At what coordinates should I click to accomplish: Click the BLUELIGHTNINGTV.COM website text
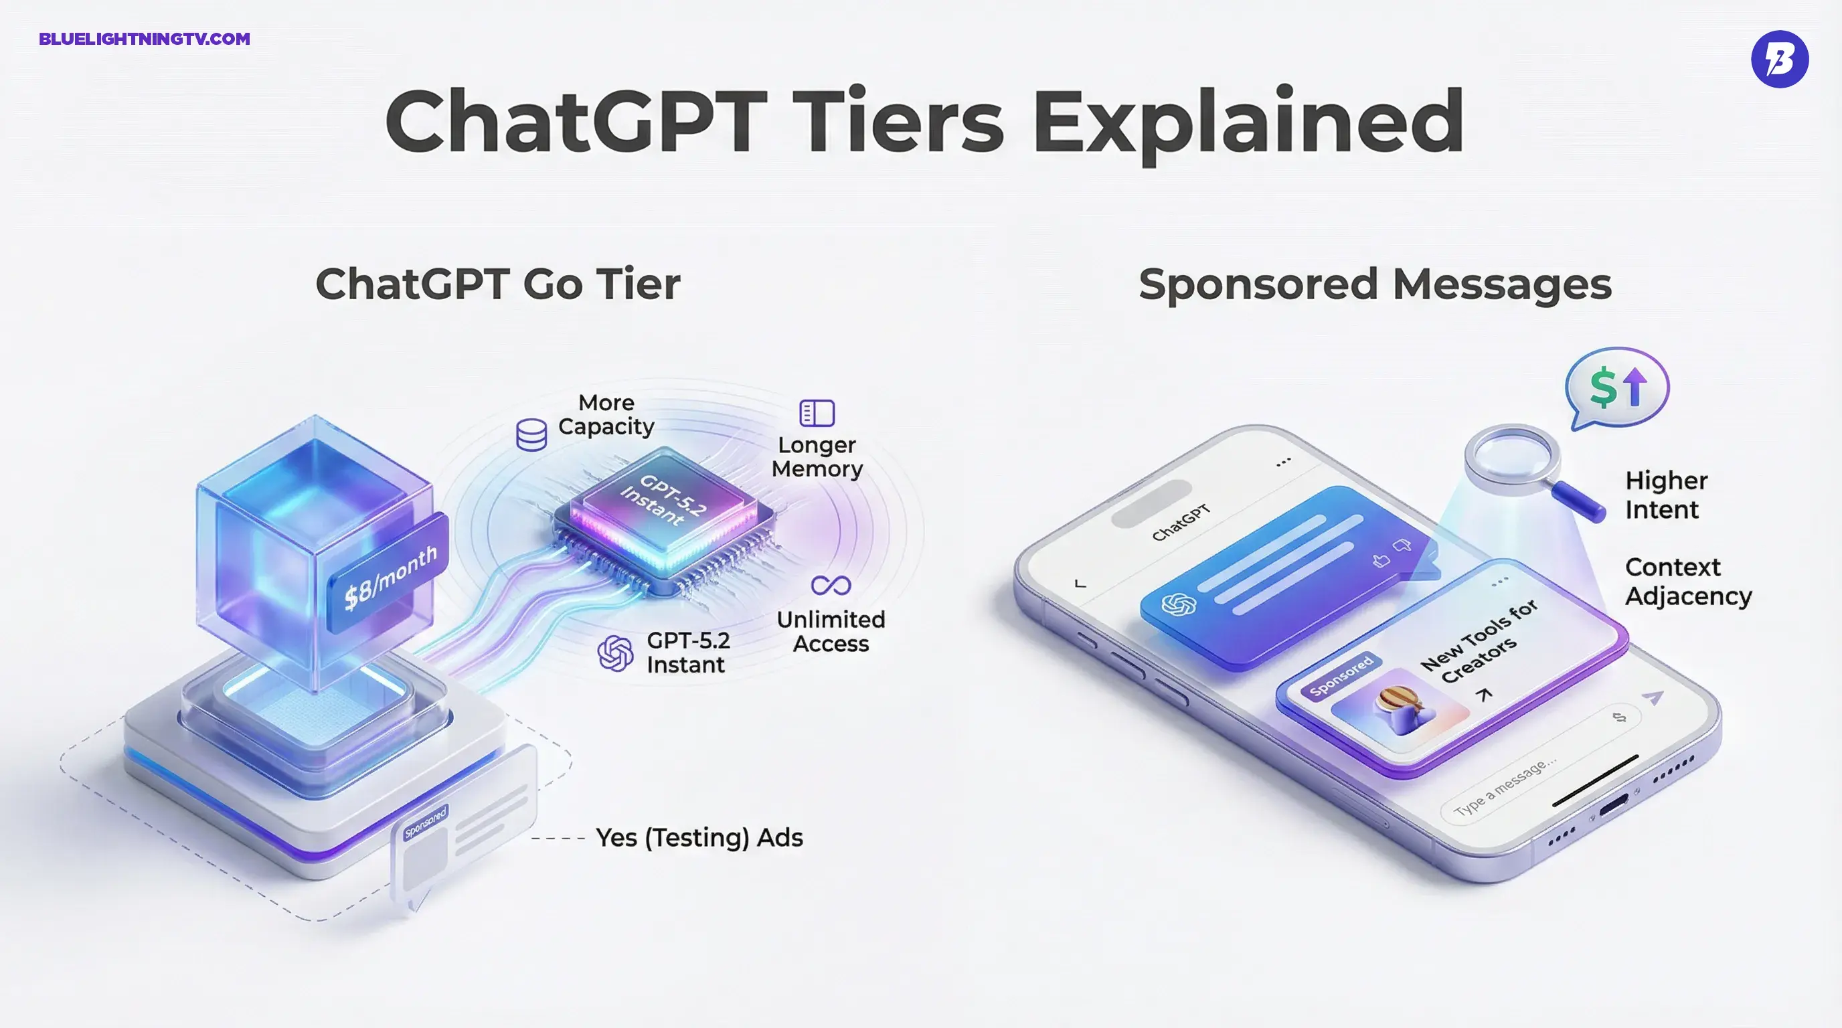coord(145,39)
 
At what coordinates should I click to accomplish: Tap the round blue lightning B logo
coord(1779,59)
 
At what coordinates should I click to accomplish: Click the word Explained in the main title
coord(1248,122)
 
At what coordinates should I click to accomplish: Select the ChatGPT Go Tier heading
coord(498,284)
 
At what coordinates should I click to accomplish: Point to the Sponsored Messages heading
coord(1374,284)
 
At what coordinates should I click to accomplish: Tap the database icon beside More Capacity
coord(531,434)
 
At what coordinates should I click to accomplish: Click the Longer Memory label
coord(817,457)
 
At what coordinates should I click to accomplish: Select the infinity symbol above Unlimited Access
coord(831,586)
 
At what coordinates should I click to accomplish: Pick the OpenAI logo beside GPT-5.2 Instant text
coord(615,653)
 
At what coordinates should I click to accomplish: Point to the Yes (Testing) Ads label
coord(699,837)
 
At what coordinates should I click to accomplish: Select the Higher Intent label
coord(1666,495)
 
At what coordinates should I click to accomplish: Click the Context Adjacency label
coord(1688,581)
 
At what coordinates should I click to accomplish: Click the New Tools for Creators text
coord(1479,641)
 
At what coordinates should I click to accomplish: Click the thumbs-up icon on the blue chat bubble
coord(1381,560)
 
